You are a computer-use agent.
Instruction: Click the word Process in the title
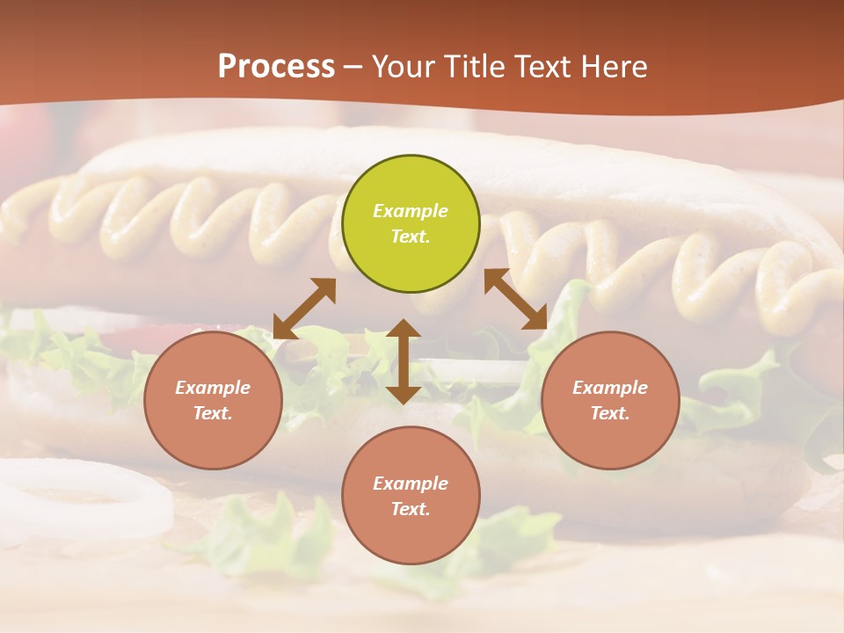276,67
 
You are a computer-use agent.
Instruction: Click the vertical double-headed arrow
404,361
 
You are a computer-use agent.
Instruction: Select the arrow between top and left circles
304,309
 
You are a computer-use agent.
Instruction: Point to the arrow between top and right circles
515,299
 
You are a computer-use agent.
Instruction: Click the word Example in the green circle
411,211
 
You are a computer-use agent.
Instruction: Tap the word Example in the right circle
610,388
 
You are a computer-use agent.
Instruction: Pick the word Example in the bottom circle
411,484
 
